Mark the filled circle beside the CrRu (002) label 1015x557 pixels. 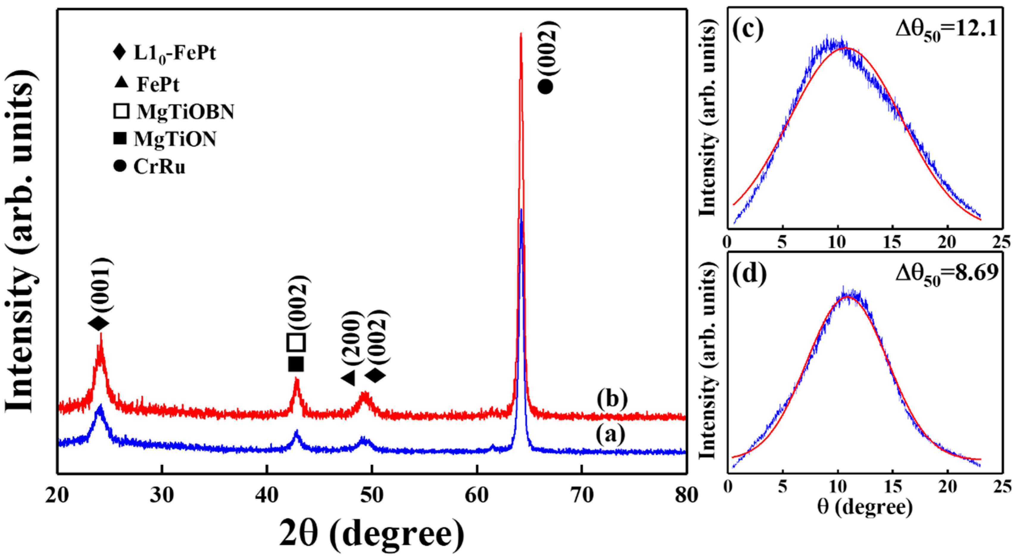[x=546, y=87]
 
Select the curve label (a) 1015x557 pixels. [x=610, y=435]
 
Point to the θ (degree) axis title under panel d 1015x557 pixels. [x=865, y=507]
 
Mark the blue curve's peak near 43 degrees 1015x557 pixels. [x=296, y=433]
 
